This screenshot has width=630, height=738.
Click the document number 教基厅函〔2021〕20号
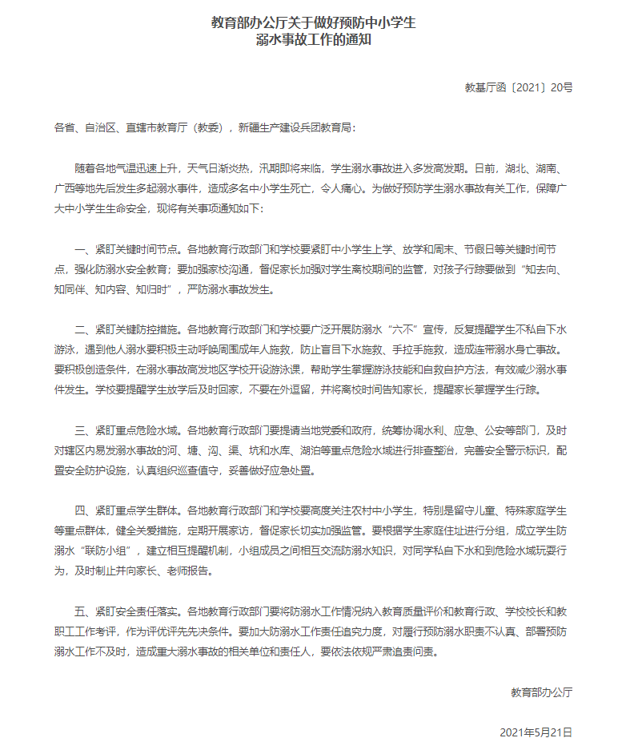[519, 87]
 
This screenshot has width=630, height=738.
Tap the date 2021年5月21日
[536, 732]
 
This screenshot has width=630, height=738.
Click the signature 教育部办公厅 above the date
[541, 691]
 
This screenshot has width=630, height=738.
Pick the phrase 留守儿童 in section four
[461, 510]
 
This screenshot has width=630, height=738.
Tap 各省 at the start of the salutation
[62, 127]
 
